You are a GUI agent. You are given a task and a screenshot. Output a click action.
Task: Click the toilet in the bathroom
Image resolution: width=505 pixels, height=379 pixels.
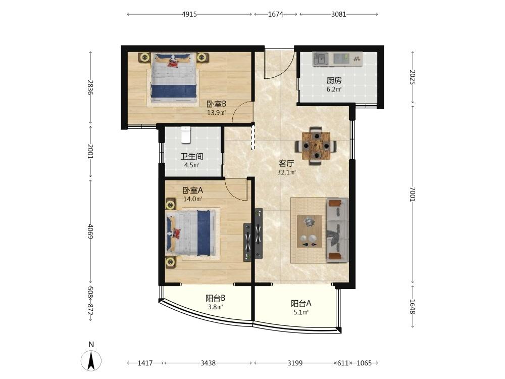(186, 135)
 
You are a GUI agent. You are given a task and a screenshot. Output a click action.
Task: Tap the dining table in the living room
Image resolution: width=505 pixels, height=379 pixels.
(317, 146)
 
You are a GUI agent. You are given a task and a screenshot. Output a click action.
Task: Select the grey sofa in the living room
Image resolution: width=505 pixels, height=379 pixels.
(337, 230)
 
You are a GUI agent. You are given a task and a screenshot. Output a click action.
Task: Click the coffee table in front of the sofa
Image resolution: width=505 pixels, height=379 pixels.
(310, 231)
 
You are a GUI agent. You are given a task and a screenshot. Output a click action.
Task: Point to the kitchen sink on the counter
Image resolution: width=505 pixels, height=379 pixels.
(321, 59)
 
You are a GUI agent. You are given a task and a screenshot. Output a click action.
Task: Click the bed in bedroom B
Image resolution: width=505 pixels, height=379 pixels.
(174, 78)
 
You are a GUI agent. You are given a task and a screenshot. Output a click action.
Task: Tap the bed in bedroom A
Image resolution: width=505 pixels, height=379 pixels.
(190, 233)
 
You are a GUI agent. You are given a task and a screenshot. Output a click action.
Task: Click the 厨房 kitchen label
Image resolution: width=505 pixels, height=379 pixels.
(334, 80)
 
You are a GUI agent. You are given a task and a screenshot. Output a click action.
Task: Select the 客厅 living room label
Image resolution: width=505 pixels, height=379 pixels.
(286, 163)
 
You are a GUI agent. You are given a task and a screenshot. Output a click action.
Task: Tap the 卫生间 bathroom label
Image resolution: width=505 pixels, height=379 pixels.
(191, 157)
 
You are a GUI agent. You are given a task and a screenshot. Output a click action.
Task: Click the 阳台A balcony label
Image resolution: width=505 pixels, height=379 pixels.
(301, 303)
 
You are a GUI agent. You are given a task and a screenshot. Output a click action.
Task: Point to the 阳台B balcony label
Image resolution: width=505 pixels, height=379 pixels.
(216, 298)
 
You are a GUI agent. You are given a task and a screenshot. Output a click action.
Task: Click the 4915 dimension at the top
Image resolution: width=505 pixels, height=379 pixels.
(189, 14)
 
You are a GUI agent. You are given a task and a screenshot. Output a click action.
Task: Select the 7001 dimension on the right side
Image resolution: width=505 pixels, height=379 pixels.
(413, 194)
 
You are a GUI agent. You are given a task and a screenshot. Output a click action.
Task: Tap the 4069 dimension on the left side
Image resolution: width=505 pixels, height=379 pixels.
(90, 231)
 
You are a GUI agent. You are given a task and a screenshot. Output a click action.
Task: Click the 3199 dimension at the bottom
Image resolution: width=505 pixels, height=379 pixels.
(295, 363)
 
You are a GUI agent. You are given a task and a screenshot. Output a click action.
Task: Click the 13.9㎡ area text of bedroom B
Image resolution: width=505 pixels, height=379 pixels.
(216, 113)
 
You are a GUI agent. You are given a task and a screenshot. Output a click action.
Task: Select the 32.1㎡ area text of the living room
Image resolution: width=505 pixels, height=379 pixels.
(286, 172)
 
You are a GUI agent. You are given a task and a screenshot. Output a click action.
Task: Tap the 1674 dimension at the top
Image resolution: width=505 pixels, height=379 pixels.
(275, 14)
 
